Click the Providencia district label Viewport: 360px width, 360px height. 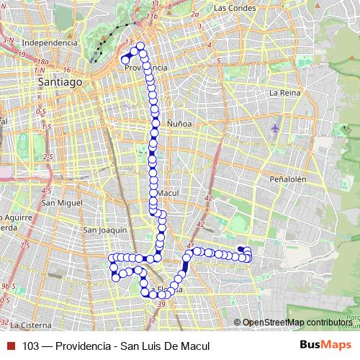click(145, 68)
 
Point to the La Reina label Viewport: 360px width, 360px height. click(283, 93)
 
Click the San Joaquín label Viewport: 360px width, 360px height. click(105, 230)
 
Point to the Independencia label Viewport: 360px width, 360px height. click(50, 42)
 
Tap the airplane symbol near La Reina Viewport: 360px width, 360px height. click(275, 129)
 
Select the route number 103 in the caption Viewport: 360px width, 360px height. click(30, 346)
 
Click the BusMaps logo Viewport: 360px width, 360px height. click(325, 345)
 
